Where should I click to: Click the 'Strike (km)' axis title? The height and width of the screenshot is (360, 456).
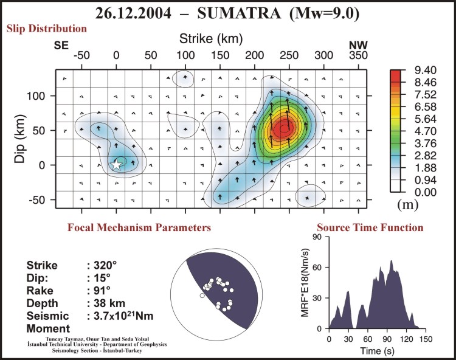pyautogui.click(x=211, y=40)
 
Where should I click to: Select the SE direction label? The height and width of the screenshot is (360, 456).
pyautogui.click(x=61, y=45)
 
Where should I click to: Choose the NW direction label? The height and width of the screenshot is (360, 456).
pyautogui.click(x=358, y=45)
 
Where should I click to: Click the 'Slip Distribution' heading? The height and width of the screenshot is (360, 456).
pyautogui.click(x=46, y=29)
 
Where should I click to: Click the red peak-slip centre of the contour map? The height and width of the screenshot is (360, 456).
pyautogui.click(x=282, y=128)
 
